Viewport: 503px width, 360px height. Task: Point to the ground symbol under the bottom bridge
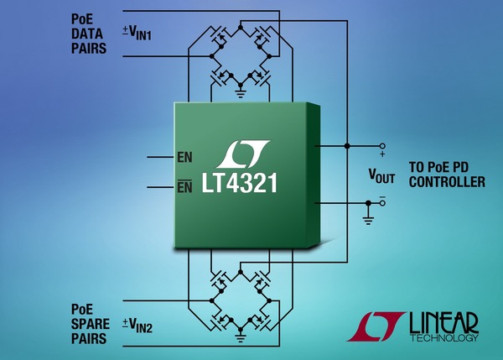[x=240, y=339]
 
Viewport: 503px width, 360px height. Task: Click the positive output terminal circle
[x=382, y=145]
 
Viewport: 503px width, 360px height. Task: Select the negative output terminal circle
[x=382, y=202]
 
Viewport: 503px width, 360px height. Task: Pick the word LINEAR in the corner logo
[x=443, y=321]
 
